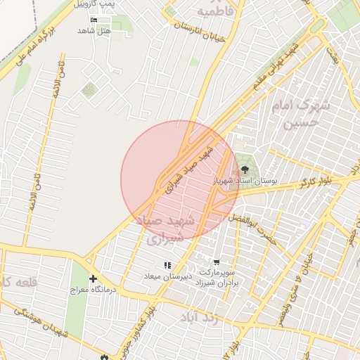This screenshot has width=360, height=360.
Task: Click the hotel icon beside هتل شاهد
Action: (x=95, y=20)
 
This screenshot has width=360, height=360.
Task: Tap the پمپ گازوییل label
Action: (x=117, y=4)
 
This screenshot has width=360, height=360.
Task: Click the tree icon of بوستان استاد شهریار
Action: (x=245, y=169)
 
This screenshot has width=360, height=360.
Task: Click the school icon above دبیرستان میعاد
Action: (x=167, y=265)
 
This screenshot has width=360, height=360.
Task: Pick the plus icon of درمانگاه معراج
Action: (x=93, y=279)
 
